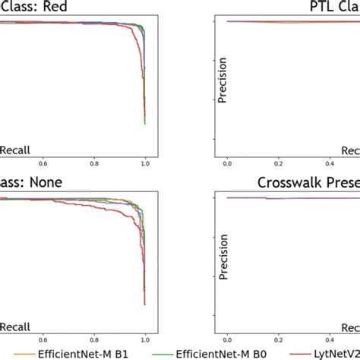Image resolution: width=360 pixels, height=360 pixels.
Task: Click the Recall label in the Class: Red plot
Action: point(15,151)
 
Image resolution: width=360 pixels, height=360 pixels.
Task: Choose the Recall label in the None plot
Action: point(15,327)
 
